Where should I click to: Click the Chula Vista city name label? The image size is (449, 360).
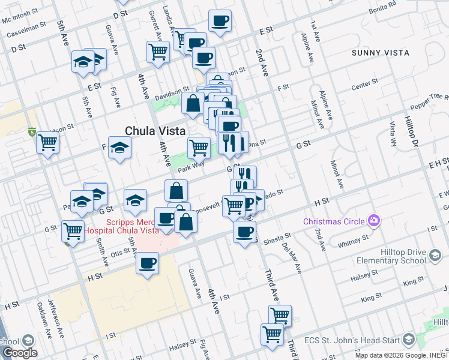pos(155,131)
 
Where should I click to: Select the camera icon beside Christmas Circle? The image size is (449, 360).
pos(374,221)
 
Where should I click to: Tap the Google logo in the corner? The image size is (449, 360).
pos(19,353)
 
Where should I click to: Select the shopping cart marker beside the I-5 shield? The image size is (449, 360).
pos(47,143)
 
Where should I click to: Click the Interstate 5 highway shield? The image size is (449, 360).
pos(31,132)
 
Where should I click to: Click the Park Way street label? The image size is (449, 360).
pos(191,166)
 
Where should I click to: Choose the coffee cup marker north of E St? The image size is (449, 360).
pos(220,21)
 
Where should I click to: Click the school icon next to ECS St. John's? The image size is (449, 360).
pos(408,340)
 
